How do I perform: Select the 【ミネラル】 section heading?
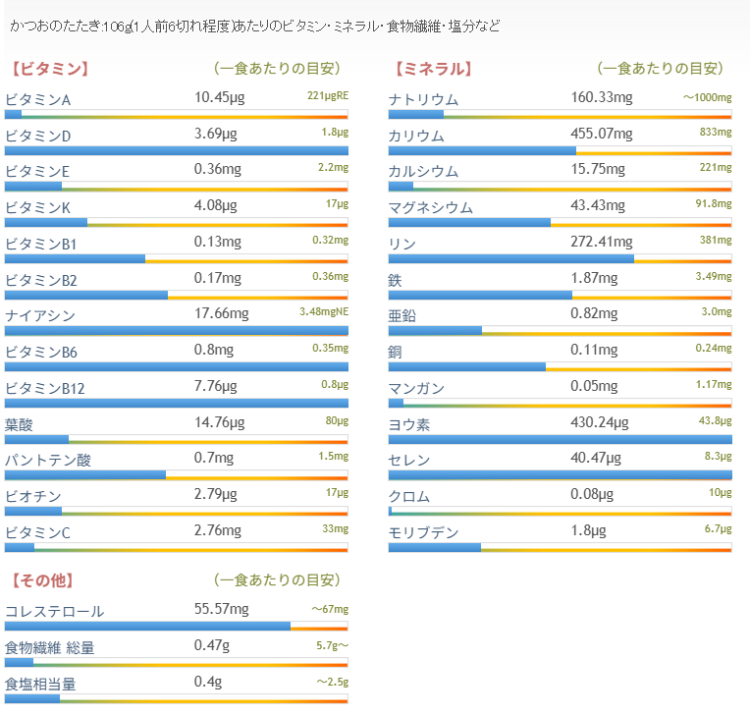tap(432, 69)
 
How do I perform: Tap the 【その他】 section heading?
tap(43, 580)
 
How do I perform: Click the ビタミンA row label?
tap(38, 100)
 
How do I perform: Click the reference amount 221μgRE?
tap(328, 96)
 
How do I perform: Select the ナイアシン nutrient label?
tap(40, 316)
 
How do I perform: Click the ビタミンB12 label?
tap(45, 389)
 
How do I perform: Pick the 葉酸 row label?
tap(20, 425)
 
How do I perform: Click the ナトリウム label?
tap(423, 100)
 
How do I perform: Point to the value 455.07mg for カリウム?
tap(602, 135)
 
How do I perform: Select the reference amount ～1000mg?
tap(708, 98)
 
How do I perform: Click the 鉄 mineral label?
tap(396, 280)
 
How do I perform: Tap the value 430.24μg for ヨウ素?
tap(600, 422)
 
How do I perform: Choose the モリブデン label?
tap(423, 533)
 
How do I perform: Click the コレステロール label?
tap(55, 612)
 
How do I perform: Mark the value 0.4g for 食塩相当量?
tap(207, 682)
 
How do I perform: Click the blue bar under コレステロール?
tap(147, 626)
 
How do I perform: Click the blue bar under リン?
tap(510, 259)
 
